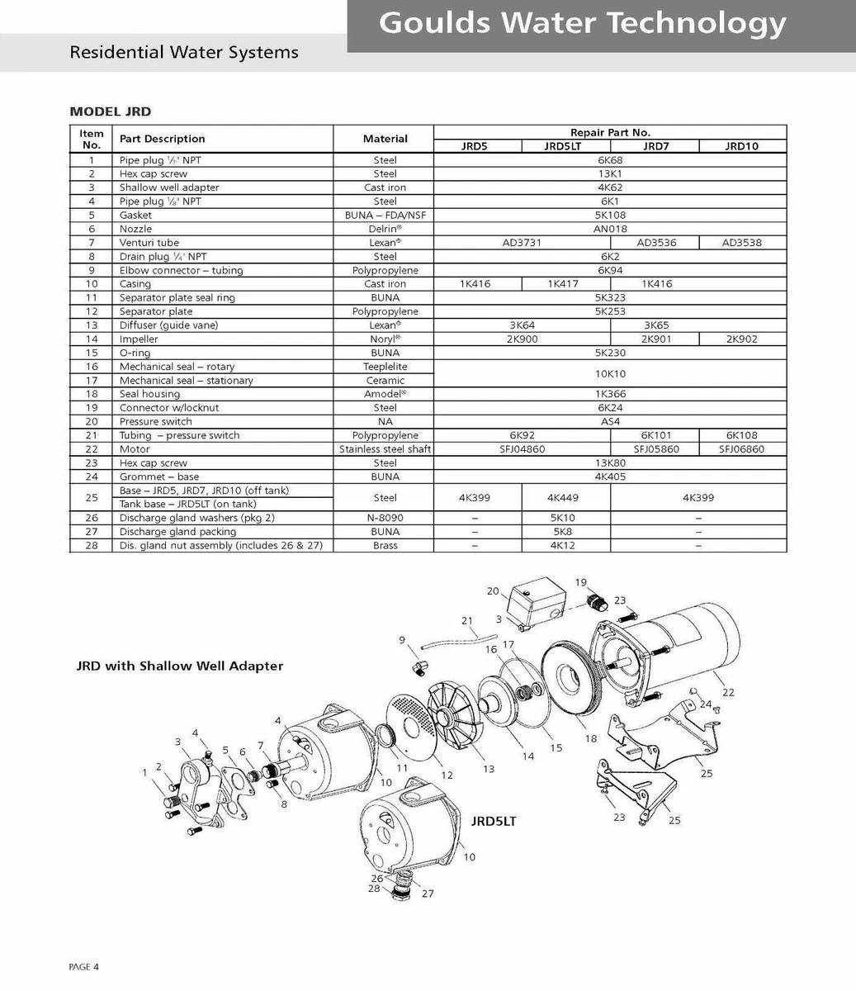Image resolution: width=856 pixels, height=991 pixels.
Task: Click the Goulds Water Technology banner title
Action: pyautogui.click(x=582, y=23)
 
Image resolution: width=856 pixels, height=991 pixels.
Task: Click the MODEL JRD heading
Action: pyautogui.click(x=110, y=111)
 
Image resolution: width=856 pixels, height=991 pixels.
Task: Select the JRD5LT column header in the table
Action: pyautogui.click(x=565, y=146)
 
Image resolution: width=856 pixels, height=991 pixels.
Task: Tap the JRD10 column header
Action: pyautogui.click(x=742, y=146)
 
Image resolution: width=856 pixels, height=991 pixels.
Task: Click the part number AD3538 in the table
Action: pyautogui.click(x=741, y=243)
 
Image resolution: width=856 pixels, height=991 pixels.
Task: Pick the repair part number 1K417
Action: pyautogui.click(x=565, y=284)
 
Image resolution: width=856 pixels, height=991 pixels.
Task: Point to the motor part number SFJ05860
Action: pyautogui.click(x=655, y=449)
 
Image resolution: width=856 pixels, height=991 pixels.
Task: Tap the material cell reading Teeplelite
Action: pyautogui.click(x=385, y=367)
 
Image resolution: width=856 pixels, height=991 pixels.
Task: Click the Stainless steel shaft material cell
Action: pyautogui.click(x=385, y=449)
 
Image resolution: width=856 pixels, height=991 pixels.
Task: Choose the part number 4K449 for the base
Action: pyautogui.click(x=565, y=498)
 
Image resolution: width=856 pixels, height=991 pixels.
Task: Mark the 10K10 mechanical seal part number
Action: pyautogui.click(x=610, y=373)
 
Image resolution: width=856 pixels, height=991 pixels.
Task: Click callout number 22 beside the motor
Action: pyautogui.click(x=728, y=692)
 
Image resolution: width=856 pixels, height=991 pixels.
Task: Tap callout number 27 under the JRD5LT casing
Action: pyautogui.click(x=428, y=894)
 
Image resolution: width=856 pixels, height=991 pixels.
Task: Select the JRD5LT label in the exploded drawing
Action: pyautogui.click(x=493, y=822)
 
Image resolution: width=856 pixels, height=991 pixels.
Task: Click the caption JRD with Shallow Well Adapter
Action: pyautogui.click(x=180, y=666)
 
